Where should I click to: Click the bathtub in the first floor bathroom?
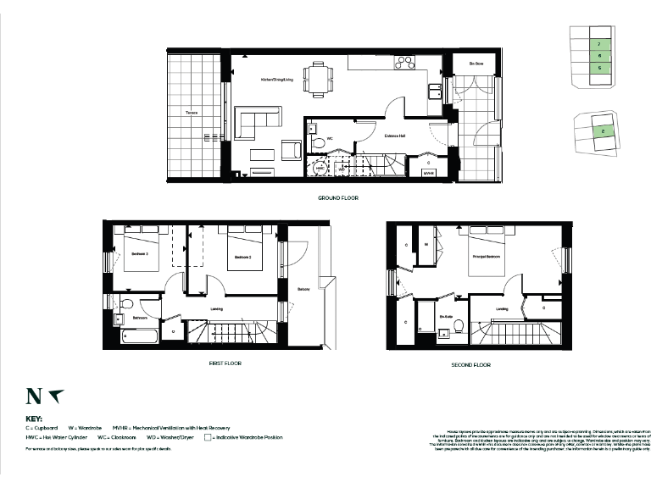coord(140,337)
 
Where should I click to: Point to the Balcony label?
coord(303,290)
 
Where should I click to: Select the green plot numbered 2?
coord(602,130)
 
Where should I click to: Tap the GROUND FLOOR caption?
coord(337,197)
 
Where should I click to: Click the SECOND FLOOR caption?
coord(471,365)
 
